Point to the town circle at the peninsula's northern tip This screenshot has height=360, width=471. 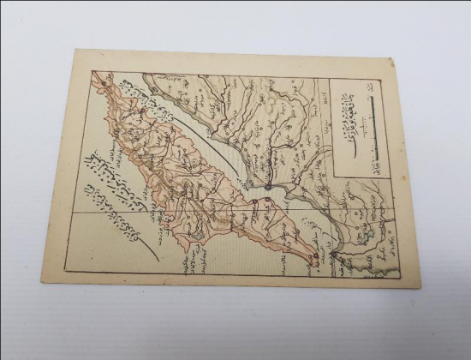tap(104, 83)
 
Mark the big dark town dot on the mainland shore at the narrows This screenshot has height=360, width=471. tap(267, 186)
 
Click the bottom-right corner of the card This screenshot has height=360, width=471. tap(419, 285)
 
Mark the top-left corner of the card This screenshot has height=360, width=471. tap(75, 50)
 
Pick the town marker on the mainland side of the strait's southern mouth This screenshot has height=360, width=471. tap(334, 254)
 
